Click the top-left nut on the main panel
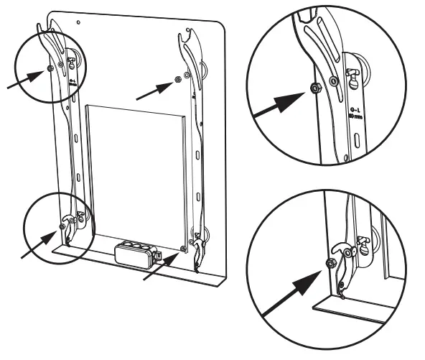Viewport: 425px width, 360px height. [x=48, y=68]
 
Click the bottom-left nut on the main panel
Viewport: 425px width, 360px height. [x=62, y=226]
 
